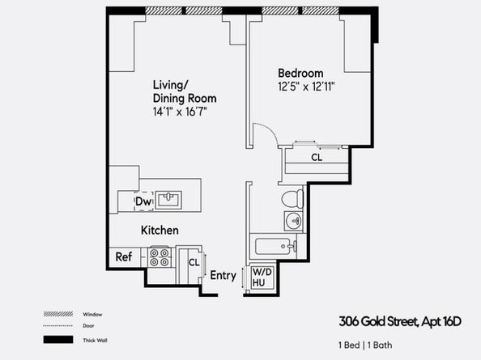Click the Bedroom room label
click(300, 74)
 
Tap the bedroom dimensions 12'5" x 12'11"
click(306, 87)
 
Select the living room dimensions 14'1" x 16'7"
click(180, 112)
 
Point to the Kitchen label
click(160, 230)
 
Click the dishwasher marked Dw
click(143, 201)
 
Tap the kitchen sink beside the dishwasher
click(168, 200)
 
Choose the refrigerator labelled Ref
click(125, 256)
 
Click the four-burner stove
click(160, 256)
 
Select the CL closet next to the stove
click(190, 264)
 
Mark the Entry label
click(223, 275)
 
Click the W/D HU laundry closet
click(262, 277)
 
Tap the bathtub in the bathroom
click(275, 246)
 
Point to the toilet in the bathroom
click(292, 198)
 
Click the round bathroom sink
click(294, 221)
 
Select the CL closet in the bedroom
click(317, 162)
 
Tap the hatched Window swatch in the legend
click(58, 314)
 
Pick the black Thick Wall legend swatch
click(58, 340)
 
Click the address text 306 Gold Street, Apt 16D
click(400, 322)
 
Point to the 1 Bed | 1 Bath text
click(365, 345)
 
